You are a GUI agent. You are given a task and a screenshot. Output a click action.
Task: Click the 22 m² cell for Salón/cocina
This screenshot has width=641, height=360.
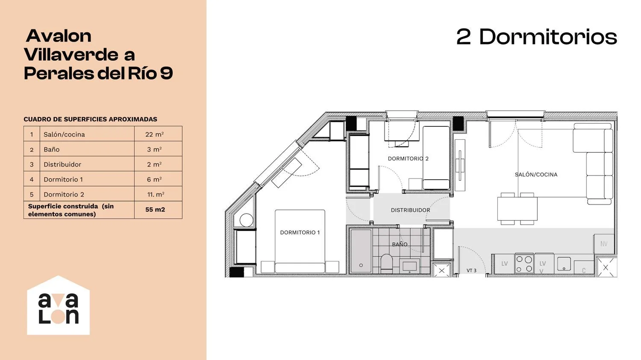pyautogui.click(x=154, y=134)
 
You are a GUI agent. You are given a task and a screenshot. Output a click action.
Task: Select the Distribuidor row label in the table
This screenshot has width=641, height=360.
pyautogui.click(x=62, y=164)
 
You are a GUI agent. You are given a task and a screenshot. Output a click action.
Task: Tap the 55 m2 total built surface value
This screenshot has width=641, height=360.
pyautogui.click(x=155, y=210)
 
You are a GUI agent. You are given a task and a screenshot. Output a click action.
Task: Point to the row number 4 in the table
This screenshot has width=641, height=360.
pyautogui.click(x=32, y=179)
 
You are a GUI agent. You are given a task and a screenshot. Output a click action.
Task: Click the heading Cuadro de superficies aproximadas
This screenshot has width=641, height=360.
pyautogui.click(x=91, y=119)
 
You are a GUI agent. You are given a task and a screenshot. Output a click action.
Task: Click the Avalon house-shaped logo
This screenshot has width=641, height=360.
pyautogui.click(x=59, y=305)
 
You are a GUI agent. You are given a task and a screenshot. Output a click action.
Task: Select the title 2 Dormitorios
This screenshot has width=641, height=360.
pyautogui.click(x=537, y=37)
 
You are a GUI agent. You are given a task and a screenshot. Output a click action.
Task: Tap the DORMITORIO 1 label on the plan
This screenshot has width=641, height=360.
pyautogui.click(x=300, y=232)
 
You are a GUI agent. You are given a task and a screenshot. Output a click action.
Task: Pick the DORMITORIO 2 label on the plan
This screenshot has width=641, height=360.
pyautogui.click(x=408, y=159)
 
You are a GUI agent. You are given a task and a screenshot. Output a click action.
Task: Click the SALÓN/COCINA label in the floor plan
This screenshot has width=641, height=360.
pyautogui.click(x=536, y=174)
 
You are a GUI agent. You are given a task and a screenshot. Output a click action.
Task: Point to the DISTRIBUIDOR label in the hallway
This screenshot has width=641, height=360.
pyautogui.click(x=410, y=210)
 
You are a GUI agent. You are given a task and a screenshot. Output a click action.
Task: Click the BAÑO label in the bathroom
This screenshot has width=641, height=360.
pyautogui.click(x=400, y=244)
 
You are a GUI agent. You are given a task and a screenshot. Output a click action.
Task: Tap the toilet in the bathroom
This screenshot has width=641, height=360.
pyautogui.click(x=387, y=263)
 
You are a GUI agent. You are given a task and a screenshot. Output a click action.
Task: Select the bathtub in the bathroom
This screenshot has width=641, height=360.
pyautogui.click(x=361, y=251)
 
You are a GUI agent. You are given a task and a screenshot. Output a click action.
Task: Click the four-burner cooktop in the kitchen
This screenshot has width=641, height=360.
pyautogui.click(x=524, y=263)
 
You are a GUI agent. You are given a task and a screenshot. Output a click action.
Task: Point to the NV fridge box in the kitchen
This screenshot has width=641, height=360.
pyautogui.click(x=604, y=243)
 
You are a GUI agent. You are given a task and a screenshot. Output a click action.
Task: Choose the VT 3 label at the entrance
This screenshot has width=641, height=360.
pyautogui.click(x=471, y=270)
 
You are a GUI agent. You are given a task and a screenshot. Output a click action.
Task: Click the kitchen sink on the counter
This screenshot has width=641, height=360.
pyautogui.click(x=564, y=263)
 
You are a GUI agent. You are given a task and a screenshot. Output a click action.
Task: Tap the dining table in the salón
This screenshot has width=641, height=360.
pyautogui.click(x=517, y=208)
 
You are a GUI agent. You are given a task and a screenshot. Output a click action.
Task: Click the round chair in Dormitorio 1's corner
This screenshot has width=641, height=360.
pyautogui.click(x=247, y=220)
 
